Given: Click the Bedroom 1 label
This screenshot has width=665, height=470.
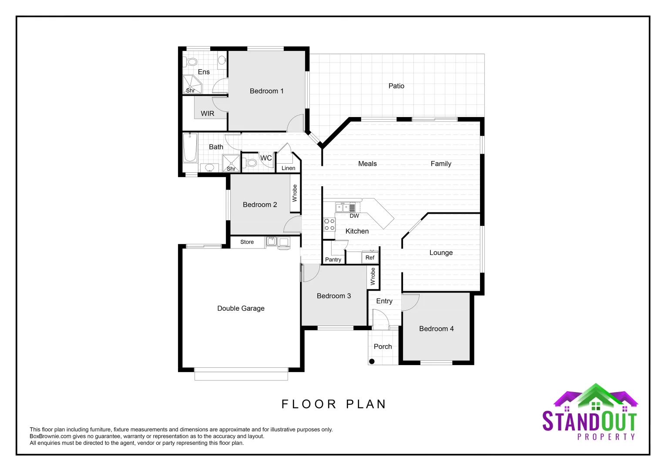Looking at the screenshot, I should [x=266, y=91].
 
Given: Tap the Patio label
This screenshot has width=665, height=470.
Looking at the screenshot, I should [x=396, y=86].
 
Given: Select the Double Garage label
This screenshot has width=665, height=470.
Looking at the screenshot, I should [x=241, y=309].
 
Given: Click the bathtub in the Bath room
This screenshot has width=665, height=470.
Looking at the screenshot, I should [x=190, y=148].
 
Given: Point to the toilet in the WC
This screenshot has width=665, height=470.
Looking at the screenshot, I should [x=251, y=163].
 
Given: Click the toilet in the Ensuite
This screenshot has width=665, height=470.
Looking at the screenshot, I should [x=191, y=61].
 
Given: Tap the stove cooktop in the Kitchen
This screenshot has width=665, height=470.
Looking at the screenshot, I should [x=329, y=225].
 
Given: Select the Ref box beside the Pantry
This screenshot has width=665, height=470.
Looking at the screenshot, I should [x=370, y=258].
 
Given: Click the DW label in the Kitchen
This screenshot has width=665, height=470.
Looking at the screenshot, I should [x=354, y=216].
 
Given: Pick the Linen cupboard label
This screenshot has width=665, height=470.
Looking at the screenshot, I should [x=288, y=168].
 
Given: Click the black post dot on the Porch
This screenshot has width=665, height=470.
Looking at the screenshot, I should [x=372, y=361].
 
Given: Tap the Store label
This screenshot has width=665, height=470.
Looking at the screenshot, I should [x=247, y=242].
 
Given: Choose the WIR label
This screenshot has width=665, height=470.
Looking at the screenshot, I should [x=207, y=114].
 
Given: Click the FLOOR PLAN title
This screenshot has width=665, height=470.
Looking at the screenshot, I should [x=334, y=404].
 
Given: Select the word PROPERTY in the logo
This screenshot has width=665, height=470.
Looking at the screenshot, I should [x=606, y=436].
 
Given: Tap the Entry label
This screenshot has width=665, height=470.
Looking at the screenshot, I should [x=384, y=301].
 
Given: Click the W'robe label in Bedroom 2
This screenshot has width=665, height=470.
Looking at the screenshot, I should [x=295, y=193].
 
